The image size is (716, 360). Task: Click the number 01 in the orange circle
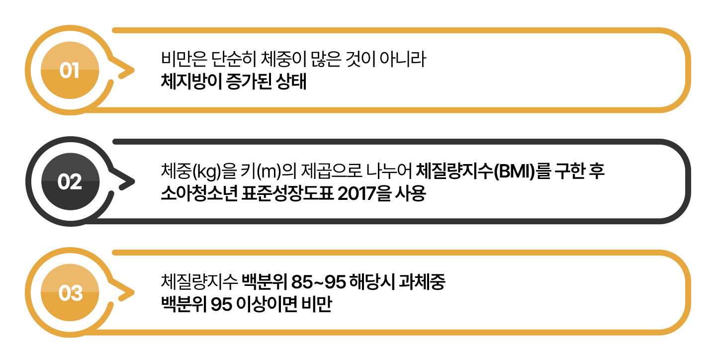coord(70,70)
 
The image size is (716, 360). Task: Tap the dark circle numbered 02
coord(70,181)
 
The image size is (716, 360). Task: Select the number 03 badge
coord(70,292)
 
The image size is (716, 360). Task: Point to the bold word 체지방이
coord(191,81)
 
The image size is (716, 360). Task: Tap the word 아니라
coord(403,59)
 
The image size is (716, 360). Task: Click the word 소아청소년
coord(199,193)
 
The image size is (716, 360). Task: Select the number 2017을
coord(364,193)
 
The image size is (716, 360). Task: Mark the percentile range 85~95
coord(318,282)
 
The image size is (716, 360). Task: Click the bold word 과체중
coord(422,281)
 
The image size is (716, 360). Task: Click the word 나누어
coord(389,171)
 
